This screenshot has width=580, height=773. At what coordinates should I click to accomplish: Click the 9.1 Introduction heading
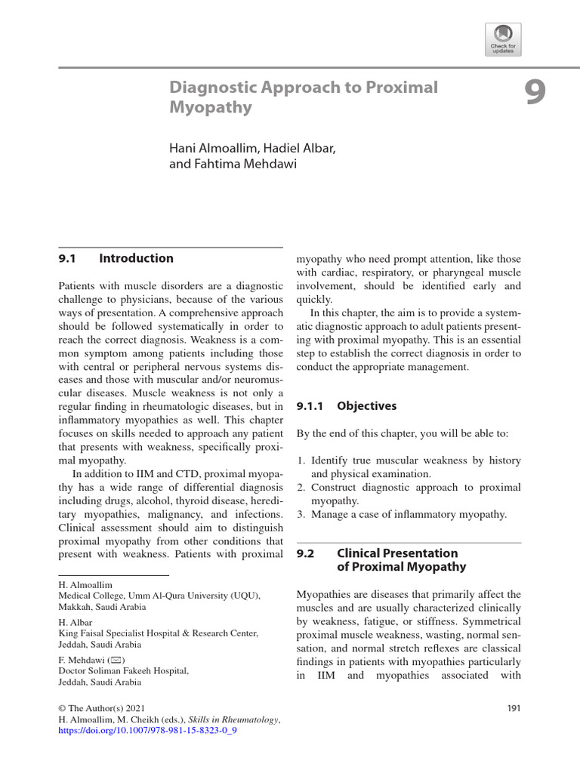click(116, 258)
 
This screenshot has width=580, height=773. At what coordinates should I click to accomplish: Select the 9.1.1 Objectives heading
click(346, 405)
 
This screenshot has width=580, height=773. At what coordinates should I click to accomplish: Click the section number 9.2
click(304, 553)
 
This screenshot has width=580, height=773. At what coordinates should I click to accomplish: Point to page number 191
click(511, 708)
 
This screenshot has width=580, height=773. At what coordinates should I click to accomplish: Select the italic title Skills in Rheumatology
click(233, 720)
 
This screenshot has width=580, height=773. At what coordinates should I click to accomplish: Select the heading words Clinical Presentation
click(397, 553)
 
